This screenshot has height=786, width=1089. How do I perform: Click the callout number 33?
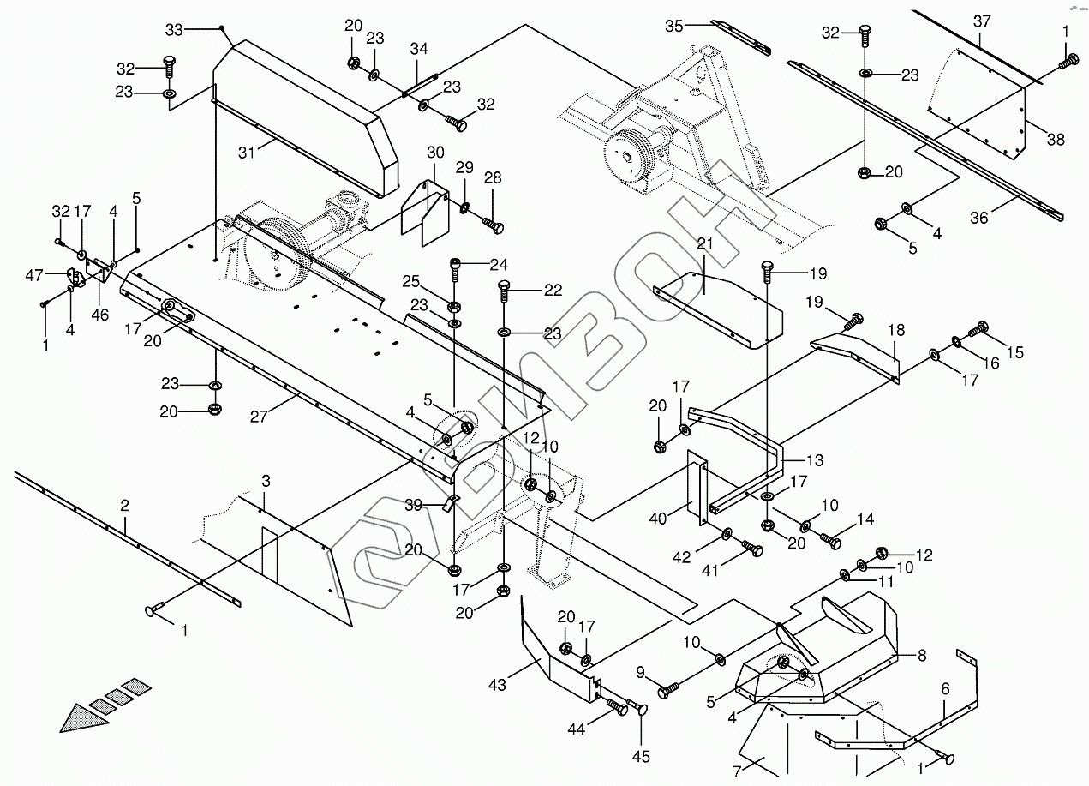tap(174, 30)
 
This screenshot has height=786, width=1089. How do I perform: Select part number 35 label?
tap(674, 26)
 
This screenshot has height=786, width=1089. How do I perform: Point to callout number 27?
tap(258, 417)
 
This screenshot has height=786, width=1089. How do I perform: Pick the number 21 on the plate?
tap(704, 244)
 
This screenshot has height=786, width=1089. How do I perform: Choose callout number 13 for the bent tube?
tap(814, 461)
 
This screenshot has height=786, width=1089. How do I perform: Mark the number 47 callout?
tap(34, 274)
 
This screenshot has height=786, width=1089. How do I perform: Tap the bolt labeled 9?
tap(668, 687)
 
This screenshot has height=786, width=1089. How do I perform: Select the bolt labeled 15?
tap(980, 327)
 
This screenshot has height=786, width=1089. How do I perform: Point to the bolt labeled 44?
tap(617, 706)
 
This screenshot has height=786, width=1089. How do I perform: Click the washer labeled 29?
tap(464, 206)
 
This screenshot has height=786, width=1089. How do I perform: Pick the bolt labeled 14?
tap(830, 541)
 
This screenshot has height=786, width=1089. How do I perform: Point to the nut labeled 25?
tap(455, 307)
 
